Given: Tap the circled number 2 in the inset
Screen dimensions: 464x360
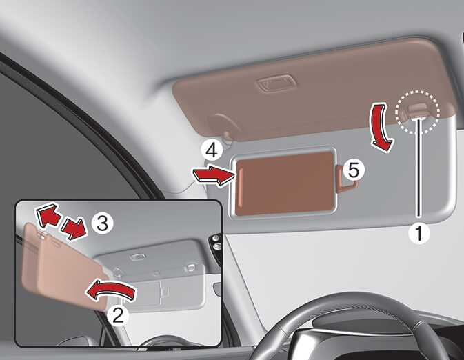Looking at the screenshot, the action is [x=118, y=315].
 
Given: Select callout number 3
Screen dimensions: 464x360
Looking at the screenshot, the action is [x=102, y=223].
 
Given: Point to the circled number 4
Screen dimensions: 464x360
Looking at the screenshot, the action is [x=212, y=150].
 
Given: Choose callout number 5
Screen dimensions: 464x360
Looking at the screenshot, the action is [x=354, y=170].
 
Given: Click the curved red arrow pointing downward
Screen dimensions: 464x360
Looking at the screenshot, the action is [x=383, y=128].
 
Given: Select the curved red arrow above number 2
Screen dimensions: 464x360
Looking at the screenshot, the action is [x=110, y=291].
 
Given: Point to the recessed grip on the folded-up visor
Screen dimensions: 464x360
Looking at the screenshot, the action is [x=276, y=83].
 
